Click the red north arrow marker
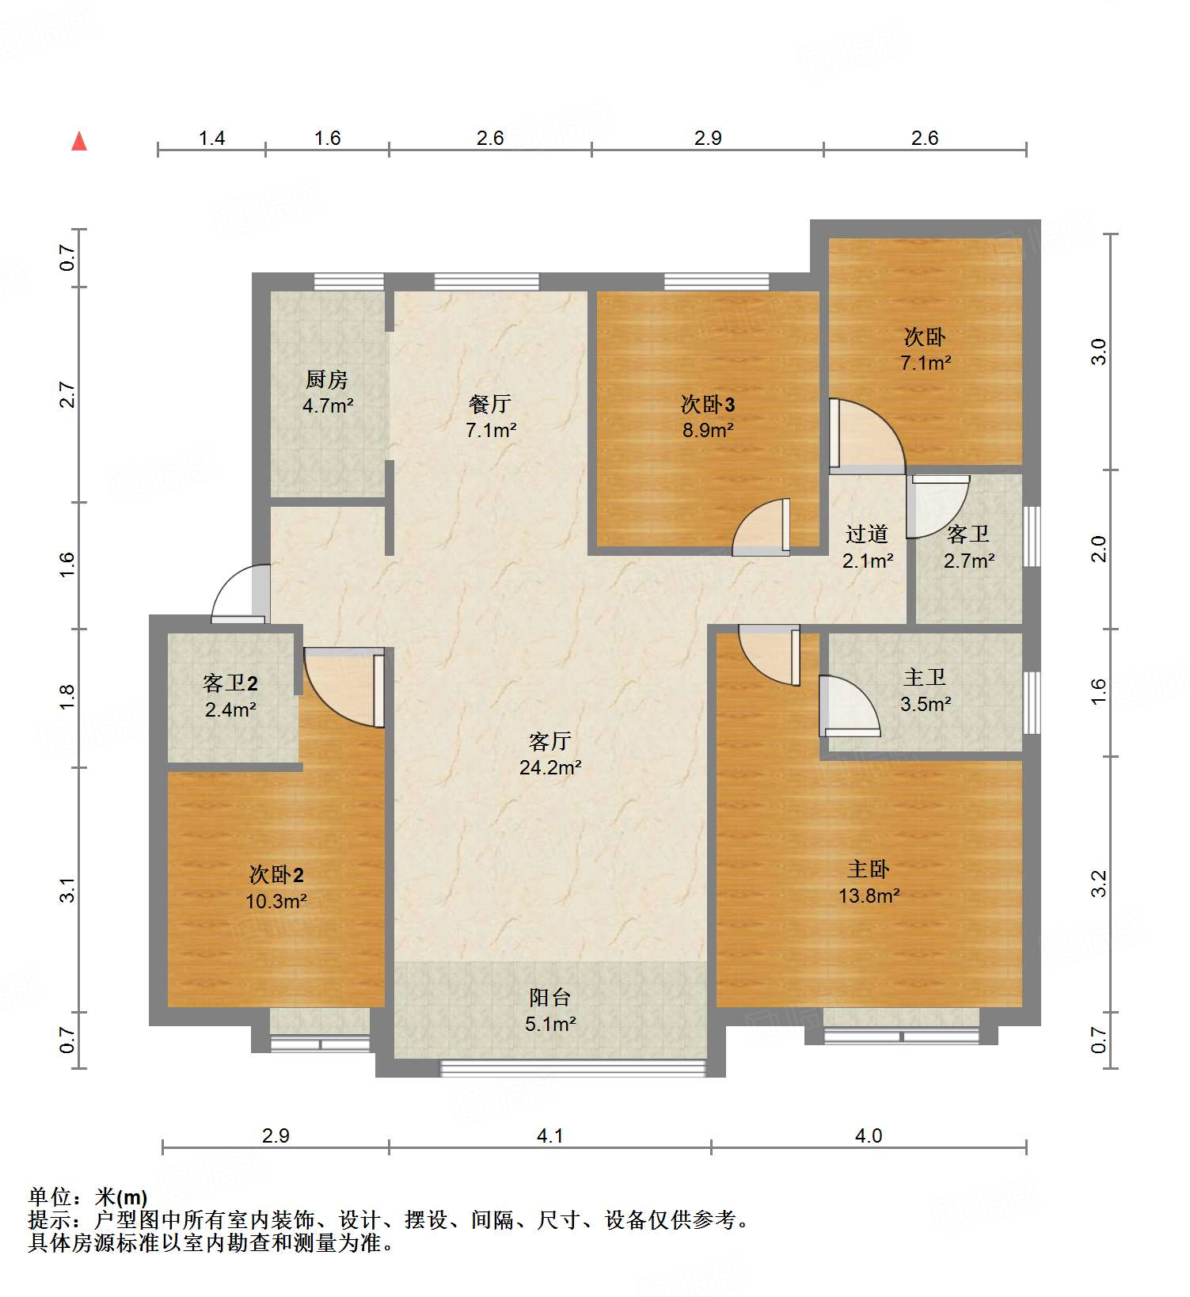79,141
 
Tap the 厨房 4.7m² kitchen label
327,393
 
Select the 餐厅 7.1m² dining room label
490,417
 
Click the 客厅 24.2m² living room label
550,755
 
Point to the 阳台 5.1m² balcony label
550,1011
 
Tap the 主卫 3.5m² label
925,690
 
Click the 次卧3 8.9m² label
708,417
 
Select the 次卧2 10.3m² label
276,888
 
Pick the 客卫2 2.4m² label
230,696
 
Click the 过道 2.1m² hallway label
867,547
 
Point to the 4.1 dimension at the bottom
550,1135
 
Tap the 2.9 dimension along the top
708,138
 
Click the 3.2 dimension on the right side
1099,884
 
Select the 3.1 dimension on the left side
68,889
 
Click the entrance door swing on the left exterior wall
241,593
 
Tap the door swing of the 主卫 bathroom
849,706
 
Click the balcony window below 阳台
572,1068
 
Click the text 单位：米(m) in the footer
88,1197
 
